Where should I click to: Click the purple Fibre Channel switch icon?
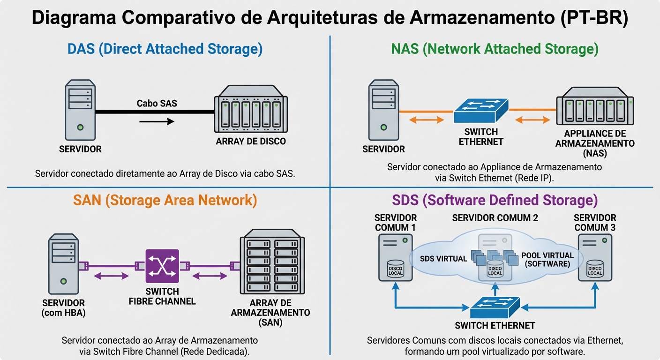coord(162,266)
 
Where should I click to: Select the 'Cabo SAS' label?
coord(157,103)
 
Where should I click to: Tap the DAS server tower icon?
coord(80,110)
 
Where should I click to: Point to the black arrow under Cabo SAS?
coord(157,121)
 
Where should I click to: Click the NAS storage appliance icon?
coord(595,110)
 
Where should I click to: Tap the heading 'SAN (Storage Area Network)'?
coord(165,200)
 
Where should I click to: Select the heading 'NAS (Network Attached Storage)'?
coord(495,49)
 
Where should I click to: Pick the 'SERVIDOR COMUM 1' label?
coord(396,223)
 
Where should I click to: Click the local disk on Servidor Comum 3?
coord(595,268)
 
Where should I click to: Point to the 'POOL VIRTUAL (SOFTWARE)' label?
coord(547,260)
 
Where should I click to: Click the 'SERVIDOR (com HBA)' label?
coord(64,308)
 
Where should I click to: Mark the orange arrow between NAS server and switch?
coord(426,120)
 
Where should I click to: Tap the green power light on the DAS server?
coord(81,127)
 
